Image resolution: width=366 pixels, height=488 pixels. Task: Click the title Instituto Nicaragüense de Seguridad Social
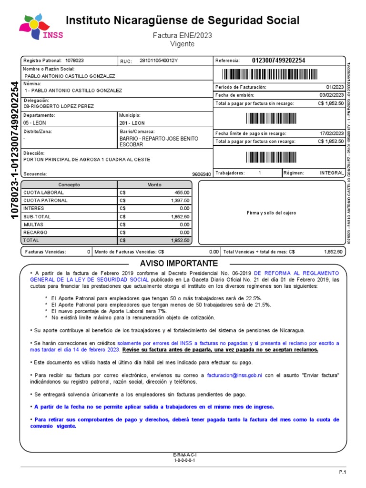coord(183,20)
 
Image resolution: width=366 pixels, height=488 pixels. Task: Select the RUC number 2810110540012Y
coord(158,61)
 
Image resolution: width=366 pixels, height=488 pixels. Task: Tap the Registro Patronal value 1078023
coord(74,61)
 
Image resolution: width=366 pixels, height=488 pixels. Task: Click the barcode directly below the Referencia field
coord(279,74)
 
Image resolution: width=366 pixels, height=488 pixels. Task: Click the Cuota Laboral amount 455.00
coord(181,193)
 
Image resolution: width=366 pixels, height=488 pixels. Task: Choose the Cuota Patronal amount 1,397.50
coord(179,201)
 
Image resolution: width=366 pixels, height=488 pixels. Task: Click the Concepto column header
coord(69,184)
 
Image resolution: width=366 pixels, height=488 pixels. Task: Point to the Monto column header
coord(154,184)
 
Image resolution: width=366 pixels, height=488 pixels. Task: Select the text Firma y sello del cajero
coord(271,213)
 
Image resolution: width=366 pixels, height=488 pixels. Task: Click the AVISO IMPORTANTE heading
coord(179,264)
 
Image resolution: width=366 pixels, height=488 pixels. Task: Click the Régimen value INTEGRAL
coord(332,173)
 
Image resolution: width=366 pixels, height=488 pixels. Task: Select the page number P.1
coord(342,471)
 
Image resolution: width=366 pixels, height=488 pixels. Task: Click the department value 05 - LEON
coord(35,123)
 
